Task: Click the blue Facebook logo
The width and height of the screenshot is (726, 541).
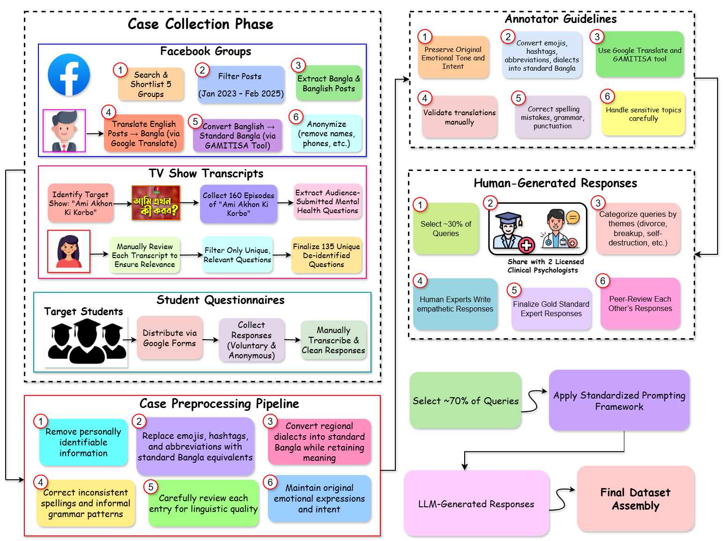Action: [x=69, y=74]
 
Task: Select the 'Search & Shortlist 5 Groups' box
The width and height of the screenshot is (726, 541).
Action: [x=151, y=84]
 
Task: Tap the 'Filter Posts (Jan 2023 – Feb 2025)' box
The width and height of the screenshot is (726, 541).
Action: [x=241, y=85]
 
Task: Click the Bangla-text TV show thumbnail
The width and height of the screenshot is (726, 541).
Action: [x=156, y=203]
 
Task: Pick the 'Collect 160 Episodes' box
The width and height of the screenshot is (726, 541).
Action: [x=238, y=204]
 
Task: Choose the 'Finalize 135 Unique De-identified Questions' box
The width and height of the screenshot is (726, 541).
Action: [x=326, y=255]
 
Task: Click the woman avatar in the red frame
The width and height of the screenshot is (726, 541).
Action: [x=69, y=251]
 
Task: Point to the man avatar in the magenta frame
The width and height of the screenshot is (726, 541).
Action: [x=64, y=131]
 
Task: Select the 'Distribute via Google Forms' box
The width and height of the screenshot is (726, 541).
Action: [x=170, y=338]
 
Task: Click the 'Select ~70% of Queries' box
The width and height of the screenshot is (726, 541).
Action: [x=465, y=400]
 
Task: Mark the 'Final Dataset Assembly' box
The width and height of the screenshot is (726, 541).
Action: [x=635, y=499]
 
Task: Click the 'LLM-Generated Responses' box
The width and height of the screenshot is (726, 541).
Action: [x=476, y=504]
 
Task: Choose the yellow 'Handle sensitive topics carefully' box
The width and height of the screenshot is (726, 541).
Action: [x=643, y=114]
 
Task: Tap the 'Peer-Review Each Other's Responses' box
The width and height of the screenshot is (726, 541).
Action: [x=640, y=304]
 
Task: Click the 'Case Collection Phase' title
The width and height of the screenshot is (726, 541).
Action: [x=200, y=24]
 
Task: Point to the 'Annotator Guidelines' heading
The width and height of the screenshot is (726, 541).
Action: [x=560, y=19]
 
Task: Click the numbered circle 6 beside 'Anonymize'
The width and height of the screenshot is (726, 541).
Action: [x=296, y=117]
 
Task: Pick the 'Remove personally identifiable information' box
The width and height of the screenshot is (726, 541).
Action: [x=83, y=442]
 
